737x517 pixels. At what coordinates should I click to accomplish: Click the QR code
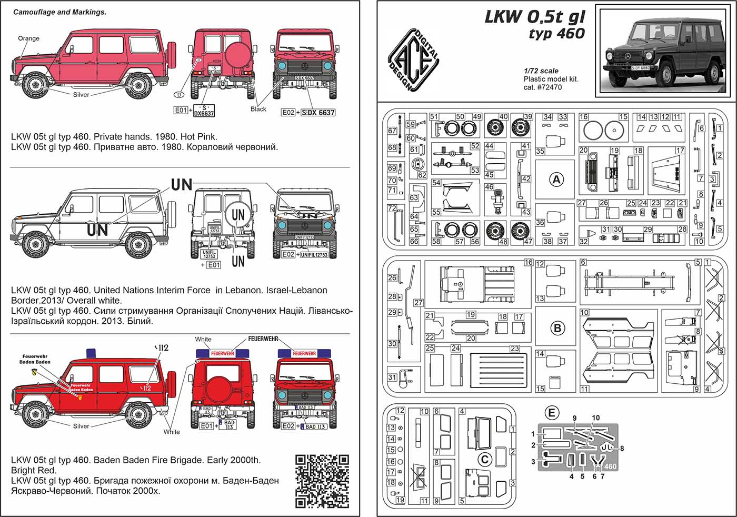click(322, 481)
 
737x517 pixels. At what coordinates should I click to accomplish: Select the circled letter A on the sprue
click(556, 180)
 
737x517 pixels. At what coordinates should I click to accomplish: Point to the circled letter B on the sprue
click(557, 328)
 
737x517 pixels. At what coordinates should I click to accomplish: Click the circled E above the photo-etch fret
click(551, 413)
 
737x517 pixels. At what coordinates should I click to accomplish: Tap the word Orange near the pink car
click(28, 38)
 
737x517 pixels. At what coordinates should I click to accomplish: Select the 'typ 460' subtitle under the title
click(556, 33)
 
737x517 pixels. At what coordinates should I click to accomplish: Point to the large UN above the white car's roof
click(182, 184)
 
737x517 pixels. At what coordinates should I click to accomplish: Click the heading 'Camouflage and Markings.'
click(59, 12)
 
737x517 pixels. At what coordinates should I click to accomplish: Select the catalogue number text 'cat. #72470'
click(542, 87)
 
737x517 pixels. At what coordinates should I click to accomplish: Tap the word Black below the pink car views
click(258, 109)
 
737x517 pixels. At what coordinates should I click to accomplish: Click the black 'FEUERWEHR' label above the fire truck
click(263, 339)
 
